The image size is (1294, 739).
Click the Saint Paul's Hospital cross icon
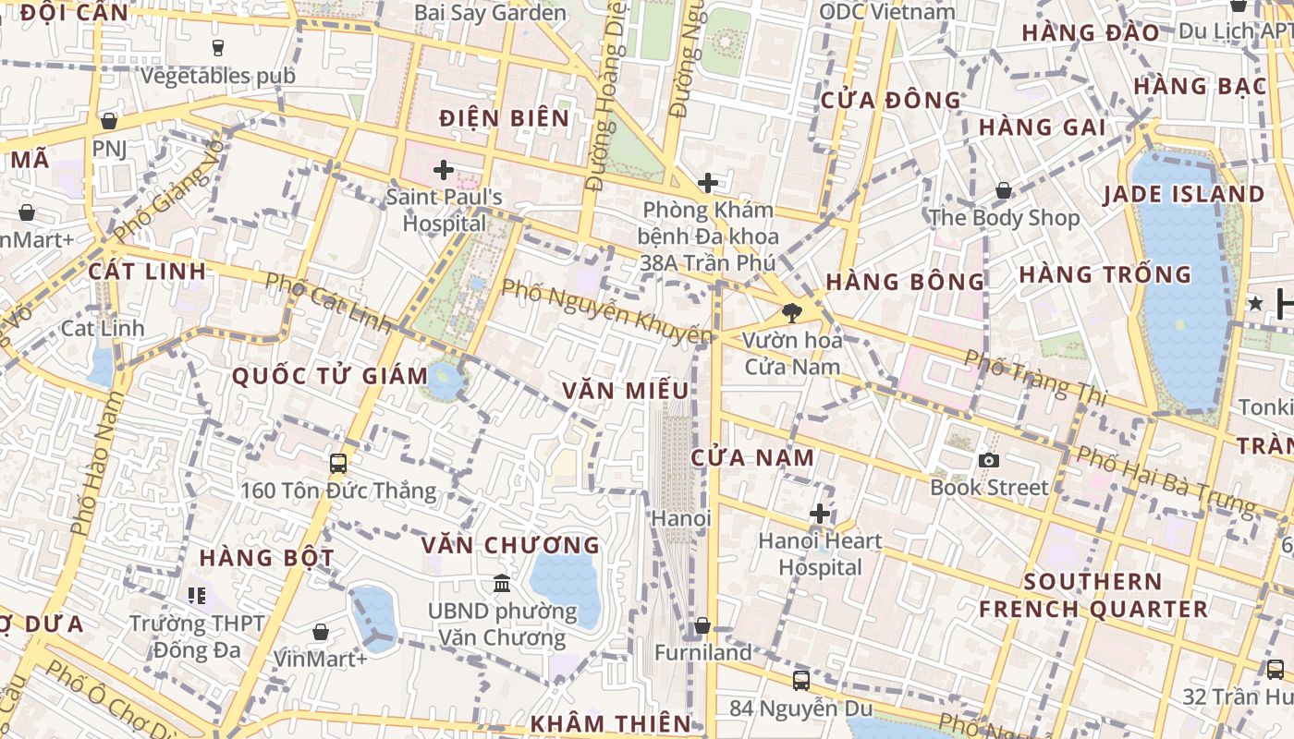[x=444, y=170]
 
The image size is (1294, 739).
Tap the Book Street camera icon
[x=989, y=460]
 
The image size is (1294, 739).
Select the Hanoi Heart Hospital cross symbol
[x=820, y=514]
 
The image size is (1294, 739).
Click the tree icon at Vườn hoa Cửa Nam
[x=791, y=312]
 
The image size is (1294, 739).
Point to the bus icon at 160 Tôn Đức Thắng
[x=338, y=463]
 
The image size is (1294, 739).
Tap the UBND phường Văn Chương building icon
[x=502, y=583]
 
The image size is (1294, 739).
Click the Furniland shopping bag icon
[x=702, y=625]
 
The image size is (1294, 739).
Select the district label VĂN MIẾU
[x=626, y=391]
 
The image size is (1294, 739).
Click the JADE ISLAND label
[x=1184, y=195]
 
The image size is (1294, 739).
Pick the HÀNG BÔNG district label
[x=905, y=282]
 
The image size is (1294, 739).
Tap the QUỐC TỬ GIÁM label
[x=330, y=377]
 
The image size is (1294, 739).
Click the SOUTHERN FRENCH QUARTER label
[x=1093, y=596]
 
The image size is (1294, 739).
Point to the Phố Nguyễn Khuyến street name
[x=606, y=311]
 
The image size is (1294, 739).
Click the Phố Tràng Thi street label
[x=1035, y=377]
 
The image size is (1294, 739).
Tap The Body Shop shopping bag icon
[x=1003, y=191]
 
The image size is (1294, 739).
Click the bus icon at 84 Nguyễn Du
[x=801, y=681]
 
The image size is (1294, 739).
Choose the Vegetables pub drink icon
[x=218, y=47]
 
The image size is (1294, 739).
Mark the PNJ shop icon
[x=109, y=121]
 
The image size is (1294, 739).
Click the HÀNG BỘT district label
[x=266, y=558]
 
